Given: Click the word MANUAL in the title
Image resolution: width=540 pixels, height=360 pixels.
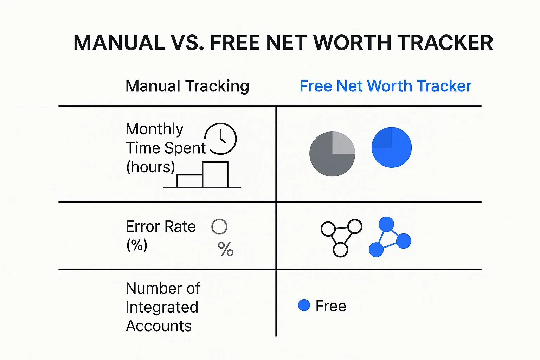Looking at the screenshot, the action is coord(119,43).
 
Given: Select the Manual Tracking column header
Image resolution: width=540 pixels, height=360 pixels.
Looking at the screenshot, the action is coord(187,86).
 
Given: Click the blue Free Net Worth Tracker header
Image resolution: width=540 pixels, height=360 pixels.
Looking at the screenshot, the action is coord(385,86).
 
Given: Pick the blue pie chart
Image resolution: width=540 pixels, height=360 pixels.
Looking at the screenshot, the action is coord(392,147).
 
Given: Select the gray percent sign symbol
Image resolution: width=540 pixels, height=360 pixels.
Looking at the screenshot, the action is coord(226,249).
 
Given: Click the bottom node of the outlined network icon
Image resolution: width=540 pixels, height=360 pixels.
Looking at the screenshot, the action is coord(340,250).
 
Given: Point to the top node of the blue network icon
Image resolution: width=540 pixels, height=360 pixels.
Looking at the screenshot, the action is coord(386,224).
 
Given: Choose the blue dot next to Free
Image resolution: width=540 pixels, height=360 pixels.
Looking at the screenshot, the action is coord(304,305).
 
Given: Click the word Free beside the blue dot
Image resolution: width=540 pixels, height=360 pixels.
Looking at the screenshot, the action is coord(331,306).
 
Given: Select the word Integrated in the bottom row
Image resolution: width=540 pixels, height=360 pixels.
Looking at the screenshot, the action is coord(162,308).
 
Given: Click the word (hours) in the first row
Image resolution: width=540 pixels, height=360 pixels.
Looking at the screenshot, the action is coord(150,167).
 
